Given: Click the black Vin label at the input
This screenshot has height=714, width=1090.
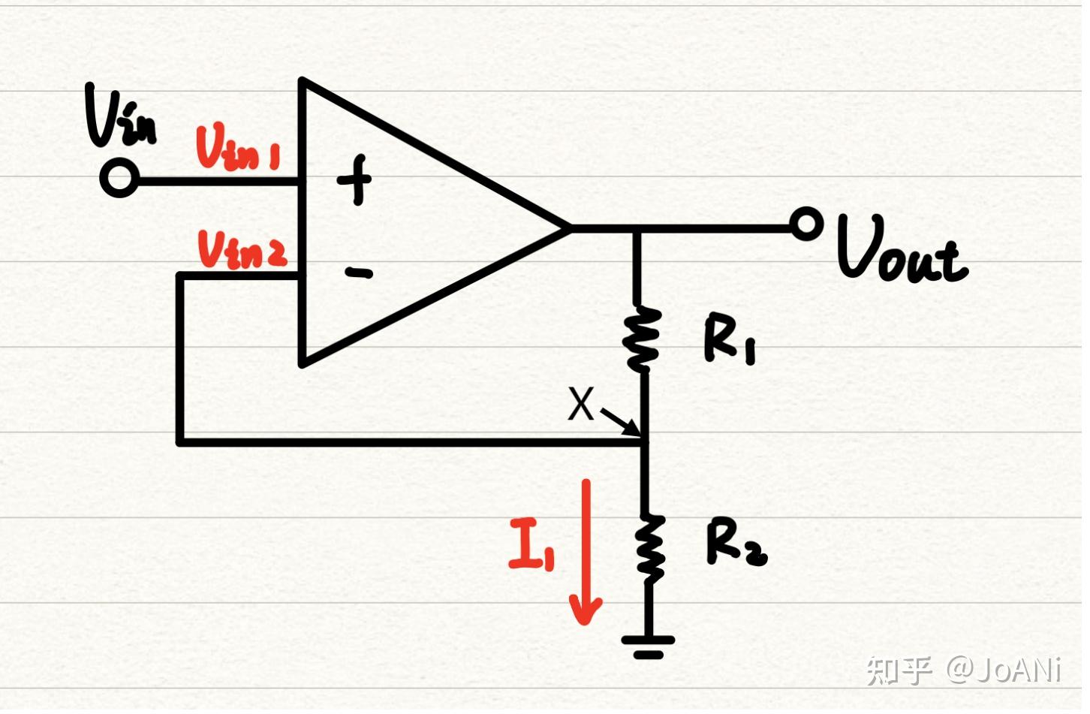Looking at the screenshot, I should click(x=120, y=116).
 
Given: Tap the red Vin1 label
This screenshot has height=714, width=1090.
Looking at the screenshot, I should click(x=237, y=148).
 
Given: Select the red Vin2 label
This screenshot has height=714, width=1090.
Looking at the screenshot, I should click(x=242, y=249).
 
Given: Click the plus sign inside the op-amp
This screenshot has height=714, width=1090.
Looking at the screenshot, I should click(x=354, y=179).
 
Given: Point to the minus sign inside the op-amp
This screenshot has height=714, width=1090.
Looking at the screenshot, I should click(x=359, y=273).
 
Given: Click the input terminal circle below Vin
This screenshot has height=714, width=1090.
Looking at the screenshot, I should click(x=119, y=179).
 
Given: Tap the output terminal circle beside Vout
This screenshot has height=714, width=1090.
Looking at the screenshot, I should click(x=807, y=224).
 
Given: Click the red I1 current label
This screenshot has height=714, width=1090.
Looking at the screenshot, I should click(x=531, y=544).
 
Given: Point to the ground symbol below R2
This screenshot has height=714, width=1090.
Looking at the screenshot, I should click(x=648, y=645).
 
